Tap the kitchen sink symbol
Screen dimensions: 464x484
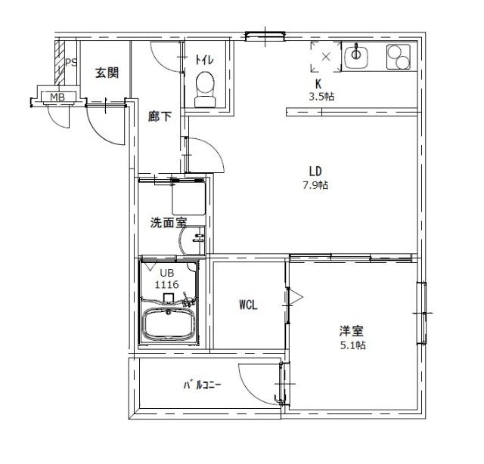tap(356, 56)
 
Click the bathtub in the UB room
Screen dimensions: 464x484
tap(169, 325)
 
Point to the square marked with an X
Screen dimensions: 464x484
tap(326, 57)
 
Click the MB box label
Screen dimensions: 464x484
tap(57, 97)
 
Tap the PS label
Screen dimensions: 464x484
tap(71, 63)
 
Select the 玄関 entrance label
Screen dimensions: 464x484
tap(107, 73)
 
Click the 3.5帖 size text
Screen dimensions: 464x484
tap(321, 97)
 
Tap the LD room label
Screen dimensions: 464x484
tap(315, 169)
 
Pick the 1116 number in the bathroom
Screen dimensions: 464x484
tap(166, 284)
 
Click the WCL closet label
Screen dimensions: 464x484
tap(249, 305)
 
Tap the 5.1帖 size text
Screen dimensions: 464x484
tap(352, 345)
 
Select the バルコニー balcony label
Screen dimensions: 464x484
tap(202, 385)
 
